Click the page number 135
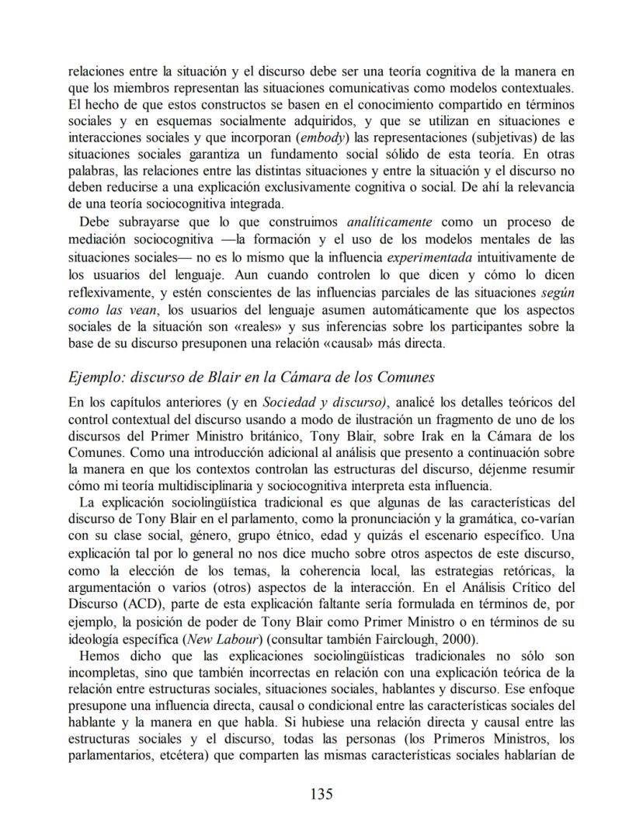321,794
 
